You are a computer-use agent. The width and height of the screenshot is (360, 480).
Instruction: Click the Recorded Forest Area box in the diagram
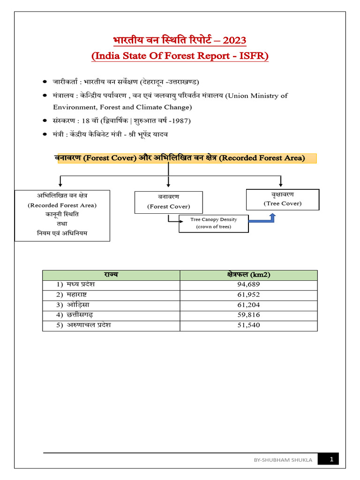coord(62,215)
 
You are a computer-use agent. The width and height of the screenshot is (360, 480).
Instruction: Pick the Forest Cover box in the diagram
coord(168,202)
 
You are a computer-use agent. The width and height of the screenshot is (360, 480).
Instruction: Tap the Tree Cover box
coord(282,199)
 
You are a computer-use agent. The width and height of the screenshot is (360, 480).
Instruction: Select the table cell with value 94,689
coord(248,285)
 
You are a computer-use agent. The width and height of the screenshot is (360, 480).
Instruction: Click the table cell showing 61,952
coord(248,295)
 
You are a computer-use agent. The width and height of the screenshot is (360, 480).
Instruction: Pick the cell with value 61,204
coord(248,305)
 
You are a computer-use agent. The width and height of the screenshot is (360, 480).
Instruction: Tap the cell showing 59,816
coord(248,315)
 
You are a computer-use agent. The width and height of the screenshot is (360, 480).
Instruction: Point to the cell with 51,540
coord(248,325)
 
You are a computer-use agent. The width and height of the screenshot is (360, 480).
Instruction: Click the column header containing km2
coord(248,275)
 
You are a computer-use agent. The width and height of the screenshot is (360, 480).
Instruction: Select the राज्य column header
coord(111,275)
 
